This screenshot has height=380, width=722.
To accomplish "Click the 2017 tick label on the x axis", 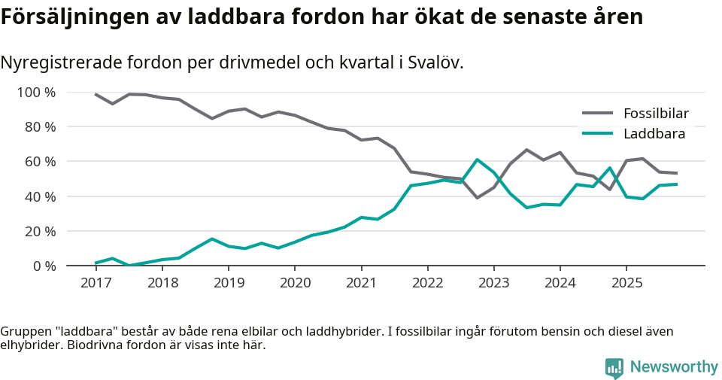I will point(96,283).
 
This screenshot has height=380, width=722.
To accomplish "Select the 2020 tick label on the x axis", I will point(294,283).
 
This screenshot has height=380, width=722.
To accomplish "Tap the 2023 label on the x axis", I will point(493,283).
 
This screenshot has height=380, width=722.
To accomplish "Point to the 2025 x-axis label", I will point(626,283).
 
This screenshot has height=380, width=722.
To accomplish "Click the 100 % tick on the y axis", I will point(36,93).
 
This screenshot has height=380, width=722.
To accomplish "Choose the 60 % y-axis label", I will point(39,162).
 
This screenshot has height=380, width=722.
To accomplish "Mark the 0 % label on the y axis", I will point(43,266).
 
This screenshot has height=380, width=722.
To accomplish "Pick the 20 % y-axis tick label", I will point(39,231).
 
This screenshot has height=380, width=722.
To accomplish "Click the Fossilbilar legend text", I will point(656,114).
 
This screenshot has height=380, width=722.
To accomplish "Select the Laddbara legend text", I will point(654,134).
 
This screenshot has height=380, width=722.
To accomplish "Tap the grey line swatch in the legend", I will point(598,114).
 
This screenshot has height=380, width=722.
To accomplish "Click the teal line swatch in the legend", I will point(598,134).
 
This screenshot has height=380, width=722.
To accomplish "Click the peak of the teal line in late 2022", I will point(477,160).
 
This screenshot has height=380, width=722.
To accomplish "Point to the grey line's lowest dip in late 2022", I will point(477,198).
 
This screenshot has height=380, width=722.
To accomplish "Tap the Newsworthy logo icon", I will point(614,367).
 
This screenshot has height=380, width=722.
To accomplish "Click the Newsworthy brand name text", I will point(674,367).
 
